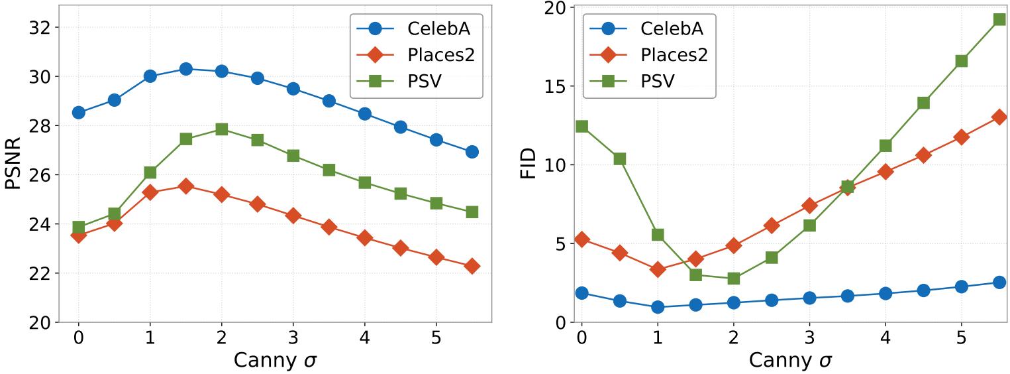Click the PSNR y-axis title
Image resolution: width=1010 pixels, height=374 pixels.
click(x=15, y=164)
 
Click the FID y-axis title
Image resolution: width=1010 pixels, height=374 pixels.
click(x=528, y=164)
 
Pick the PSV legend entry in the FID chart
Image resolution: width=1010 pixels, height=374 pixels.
click(x=658, y=82)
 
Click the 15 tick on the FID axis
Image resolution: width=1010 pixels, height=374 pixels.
click(x=558, y=86)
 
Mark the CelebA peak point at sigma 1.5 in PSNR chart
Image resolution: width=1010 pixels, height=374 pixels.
click(x=185, y=69)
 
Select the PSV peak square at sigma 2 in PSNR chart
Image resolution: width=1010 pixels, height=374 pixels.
click(x=221, y=129)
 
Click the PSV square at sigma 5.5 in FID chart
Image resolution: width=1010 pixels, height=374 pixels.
click(x=999, y=19)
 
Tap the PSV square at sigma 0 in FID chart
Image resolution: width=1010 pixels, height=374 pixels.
click(x=581, y=126)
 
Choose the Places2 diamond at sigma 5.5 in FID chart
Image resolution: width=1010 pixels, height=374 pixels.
click(x=999, y=117)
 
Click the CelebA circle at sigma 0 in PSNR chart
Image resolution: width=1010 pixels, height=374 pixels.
click(x=78, y=113)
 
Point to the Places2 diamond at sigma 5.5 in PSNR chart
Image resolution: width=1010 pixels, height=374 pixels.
click(x=472, y=266)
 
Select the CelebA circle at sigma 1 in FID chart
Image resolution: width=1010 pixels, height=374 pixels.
click(x=658, y=306)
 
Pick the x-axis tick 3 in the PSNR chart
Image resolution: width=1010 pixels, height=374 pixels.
click(x=293, y=337)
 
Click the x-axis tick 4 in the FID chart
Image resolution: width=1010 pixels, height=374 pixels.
click(x=884, y=337)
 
